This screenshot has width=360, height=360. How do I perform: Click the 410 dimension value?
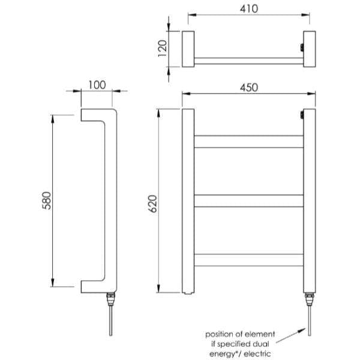pyautogui.click(x=249, y=9)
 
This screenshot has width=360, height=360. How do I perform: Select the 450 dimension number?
pyautogui.click(x=249, y=88)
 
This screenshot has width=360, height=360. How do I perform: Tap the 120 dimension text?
pyautogui.click(x=163, y=49)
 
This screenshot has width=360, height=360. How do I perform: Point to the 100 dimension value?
pyautogui.click(x=97, y=85)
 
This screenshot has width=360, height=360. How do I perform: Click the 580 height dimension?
pyautogui.click(x=47, y=200)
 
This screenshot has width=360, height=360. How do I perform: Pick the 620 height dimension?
pyautogui.click(x=152, y=203)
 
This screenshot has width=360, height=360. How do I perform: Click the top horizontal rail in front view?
pyautogui.click(x=248, y=142)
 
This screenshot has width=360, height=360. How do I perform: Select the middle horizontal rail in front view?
pyautogui.click(x=248, y=200)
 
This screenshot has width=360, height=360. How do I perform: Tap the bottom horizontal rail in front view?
pyautogui.click(x=248, y=260)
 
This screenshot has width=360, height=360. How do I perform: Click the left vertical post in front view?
pyautogui.click(x=188, y=202)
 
